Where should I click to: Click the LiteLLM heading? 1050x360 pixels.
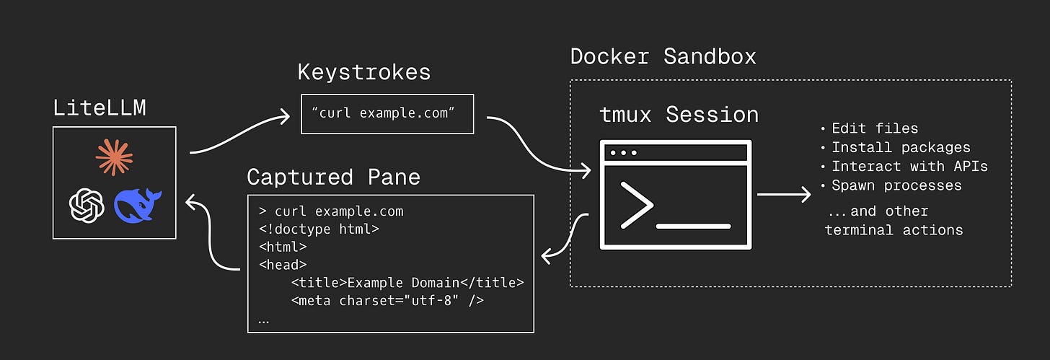pos(100,107)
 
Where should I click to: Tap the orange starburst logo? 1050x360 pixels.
pos(115,157)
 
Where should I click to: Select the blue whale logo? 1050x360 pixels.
pos(137,205)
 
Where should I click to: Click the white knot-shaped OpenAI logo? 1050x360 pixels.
pos(87,206)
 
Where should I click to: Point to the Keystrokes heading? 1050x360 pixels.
pos(364,72)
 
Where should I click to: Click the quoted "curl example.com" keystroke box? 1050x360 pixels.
pos(387,114)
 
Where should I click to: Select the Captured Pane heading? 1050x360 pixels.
pos(333,177)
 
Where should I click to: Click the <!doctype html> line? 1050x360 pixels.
pos(319,229)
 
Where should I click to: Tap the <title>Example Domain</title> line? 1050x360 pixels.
pos(407,283)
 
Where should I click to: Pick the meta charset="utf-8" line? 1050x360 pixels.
pos(387,300)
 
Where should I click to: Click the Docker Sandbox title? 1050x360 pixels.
pos(663,57)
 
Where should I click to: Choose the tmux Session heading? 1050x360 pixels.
pos(679,115)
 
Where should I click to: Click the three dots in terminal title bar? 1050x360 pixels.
pos(623,153)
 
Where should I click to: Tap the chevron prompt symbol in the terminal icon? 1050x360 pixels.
pos(637,206)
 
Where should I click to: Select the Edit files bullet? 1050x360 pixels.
pos(870,128)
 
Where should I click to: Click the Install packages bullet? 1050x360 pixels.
pos(896,148)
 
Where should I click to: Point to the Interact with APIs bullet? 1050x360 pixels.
pos(904,167)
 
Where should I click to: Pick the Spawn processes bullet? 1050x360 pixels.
pos(891,185)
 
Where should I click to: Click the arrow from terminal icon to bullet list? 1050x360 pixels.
pos(784,194)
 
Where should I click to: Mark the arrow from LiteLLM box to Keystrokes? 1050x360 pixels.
pos(239,133)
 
